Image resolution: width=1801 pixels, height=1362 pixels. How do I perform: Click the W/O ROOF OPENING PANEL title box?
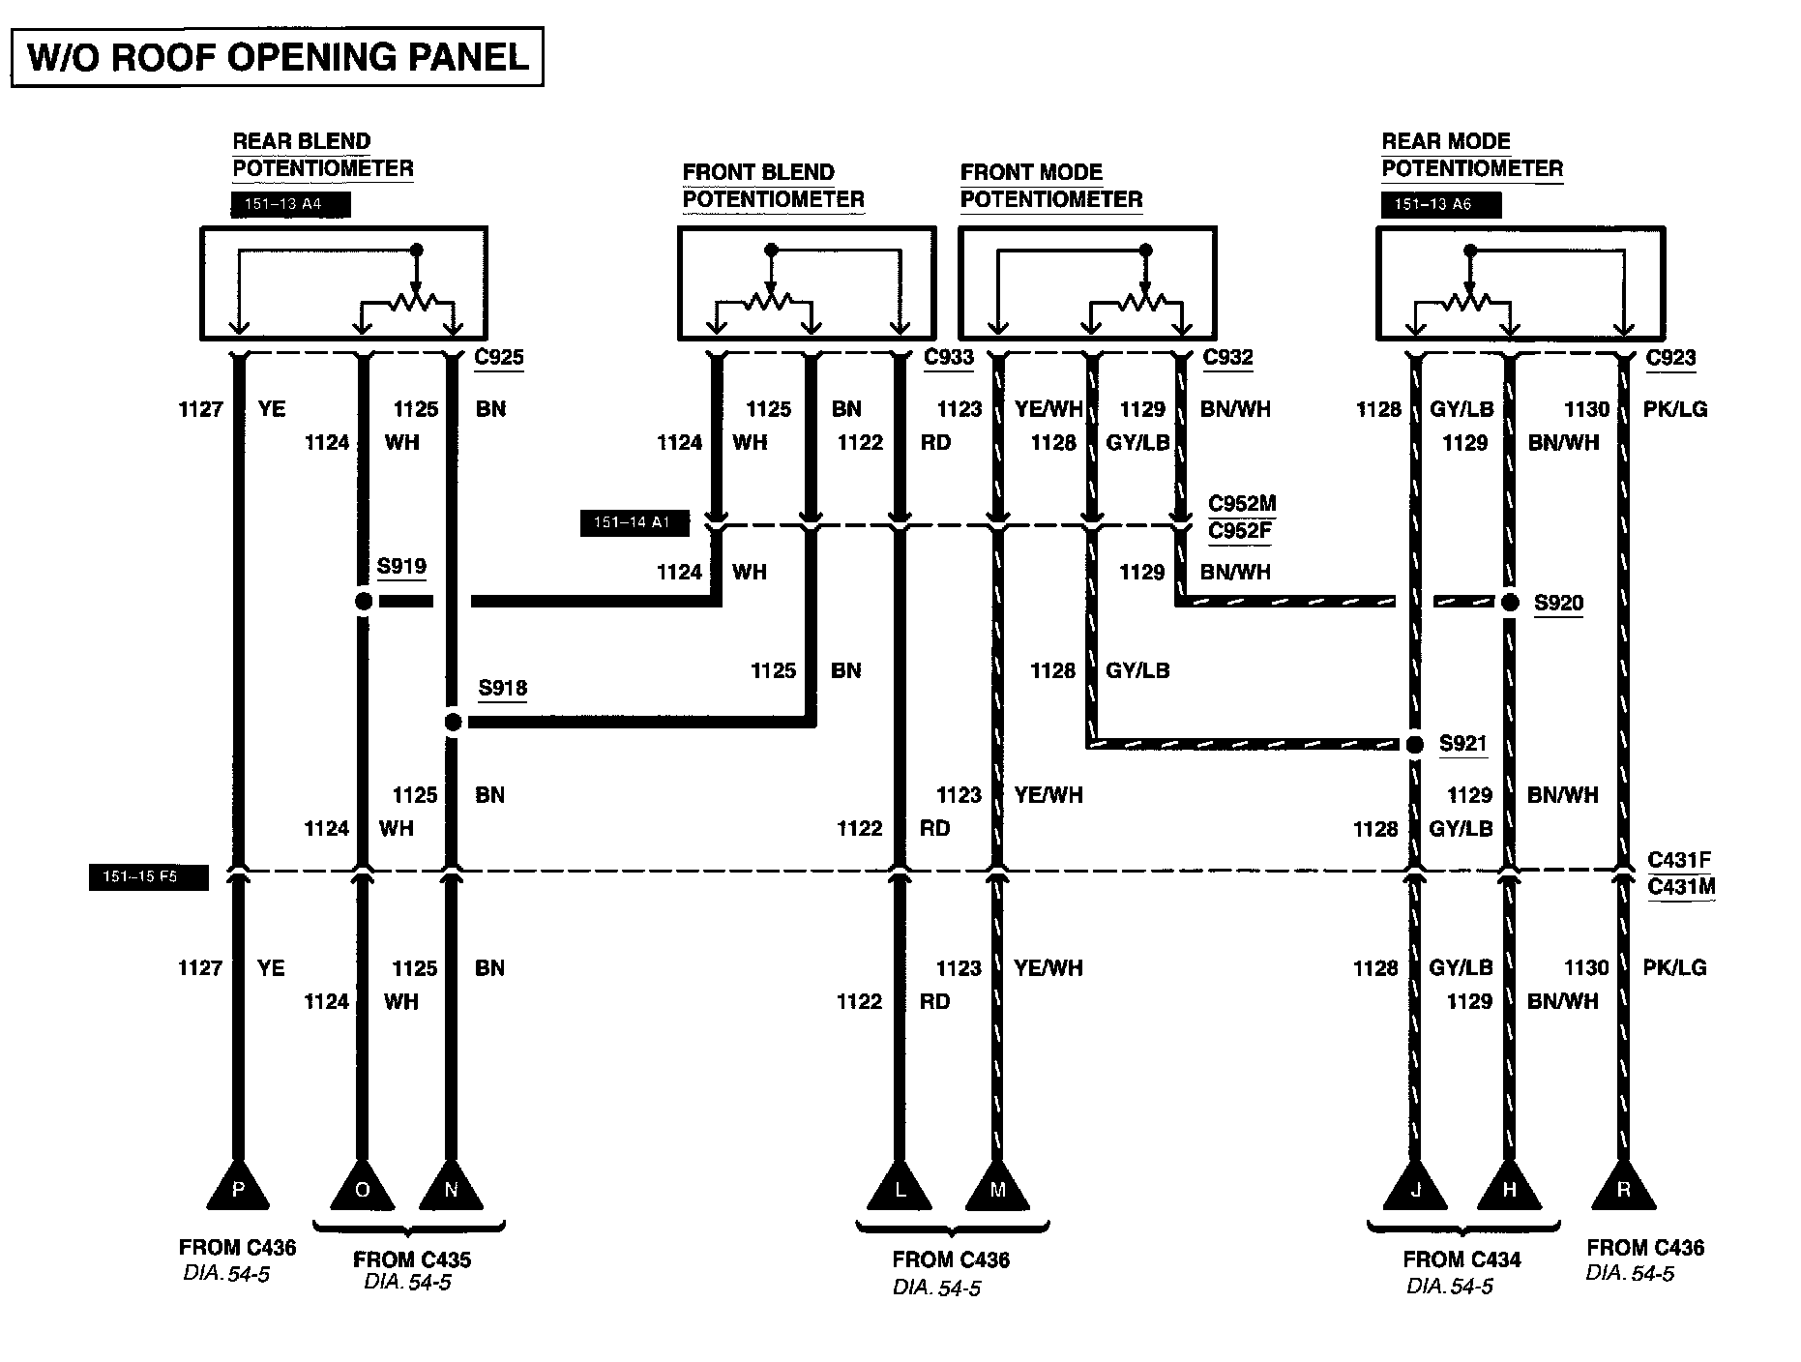pos(278,57)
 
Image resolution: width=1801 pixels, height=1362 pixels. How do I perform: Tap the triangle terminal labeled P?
pos(238,1188)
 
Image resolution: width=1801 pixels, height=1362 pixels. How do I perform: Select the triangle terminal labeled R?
pos(1623,1188)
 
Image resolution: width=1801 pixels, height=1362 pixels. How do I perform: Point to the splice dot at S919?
pos(363,602)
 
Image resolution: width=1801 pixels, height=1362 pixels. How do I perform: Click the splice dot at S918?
pos(452,722)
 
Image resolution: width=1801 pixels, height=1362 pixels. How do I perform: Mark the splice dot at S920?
pos(1510,603)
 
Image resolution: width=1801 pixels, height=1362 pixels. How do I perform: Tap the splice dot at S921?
pos(1415,744)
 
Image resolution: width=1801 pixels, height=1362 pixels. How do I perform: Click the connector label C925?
pos(499,357)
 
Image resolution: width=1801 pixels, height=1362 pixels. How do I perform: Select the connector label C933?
pos(949,357)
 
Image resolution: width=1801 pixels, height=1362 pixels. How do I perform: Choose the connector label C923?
pos(1670,357)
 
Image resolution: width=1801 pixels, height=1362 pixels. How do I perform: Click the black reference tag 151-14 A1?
pos(634,523)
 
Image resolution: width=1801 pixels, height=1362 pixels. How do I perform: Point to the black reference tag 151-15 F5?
pos(148,877)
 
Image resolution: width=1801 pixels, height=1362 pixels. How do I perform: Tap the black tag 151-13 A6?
pos(1440,205)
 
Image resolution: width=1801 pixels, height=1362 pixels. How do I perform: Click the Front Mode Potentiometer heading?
pos(1050,186)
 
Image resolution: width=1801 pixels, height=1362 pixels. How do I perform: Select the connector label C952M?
pos(1242,504)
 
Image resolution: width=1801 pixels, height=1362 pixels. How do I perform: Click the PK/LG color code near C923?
pos(1675,409)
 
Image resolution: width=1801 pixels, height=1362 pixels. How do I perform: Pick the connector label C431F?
pos(1679,859)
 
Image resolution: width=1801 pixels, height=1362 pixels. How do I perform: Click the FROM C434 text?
pos(1461,1259)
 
